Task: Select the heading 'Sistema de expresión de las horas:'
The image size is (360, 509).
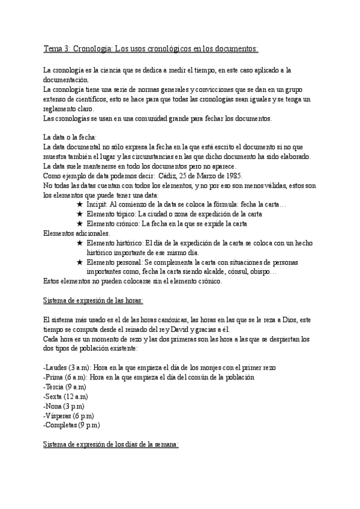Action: point(93,300)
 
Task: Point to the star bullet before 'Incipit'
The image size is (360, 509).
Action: point(80,205)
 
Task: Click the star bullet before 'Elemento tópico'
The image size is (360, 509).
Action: point(80,214)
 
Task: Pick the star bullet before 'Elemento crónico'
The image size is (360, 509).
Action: point(80,224)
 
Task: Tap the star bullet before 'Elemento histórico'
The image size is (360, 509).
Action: point(80,243)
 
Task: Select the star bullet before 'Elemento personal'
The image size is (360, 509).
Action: point(80,262)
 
